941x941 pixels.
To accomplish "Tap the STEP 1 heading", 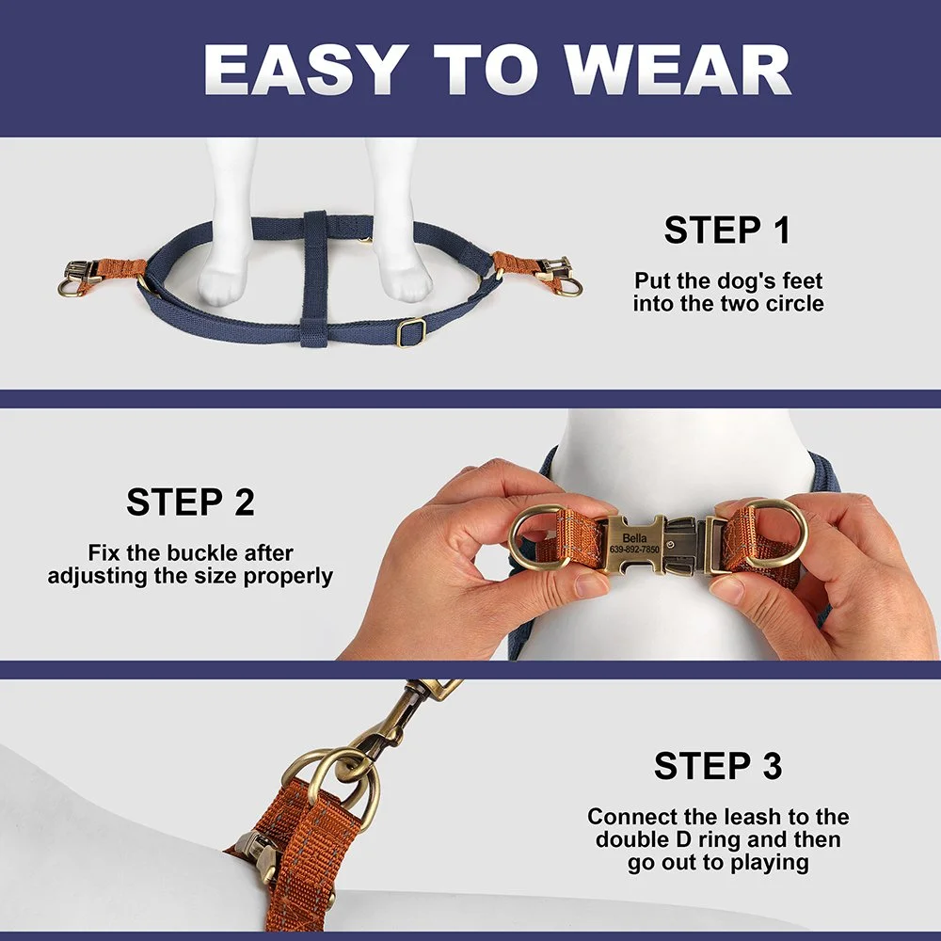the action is (x=726, y=230).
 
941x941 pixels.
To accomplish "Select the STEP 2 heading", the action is (x=190, y=502).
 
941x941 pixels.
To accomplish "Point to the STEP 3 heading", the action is (x=718, y=766).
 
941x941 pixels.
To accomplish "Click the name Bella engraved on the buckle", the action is (x=634, y=537).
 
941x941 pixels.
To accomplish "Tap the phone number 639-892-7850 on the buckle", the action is (x=634, y=550).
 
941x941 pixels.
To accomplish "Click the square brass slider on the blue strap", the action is (x=411, y=332).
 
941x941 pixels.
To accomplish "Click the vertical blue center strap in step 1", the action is (x=314, y=279).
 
